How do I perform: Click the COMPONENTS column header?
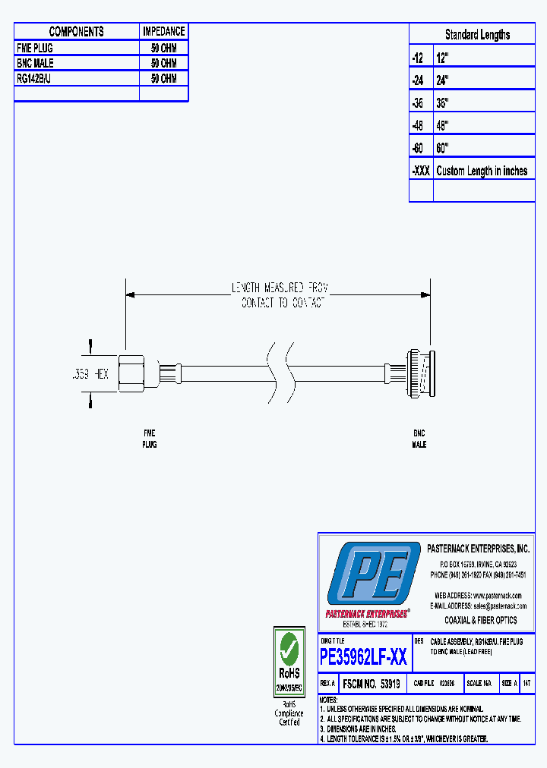[76, 31]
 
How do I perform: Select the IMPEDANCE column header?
[163, 31]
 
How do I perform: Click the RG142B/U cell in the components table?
[34, 79]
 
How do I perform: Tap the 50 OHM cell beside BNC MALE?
[163, 64]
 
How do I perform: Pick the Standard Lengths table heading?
[477, 35]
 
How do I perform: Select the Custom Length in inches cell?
[482, 171]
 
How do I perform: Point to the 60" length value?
[443, 148]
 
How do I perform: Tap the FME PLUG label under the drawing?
[150, 439]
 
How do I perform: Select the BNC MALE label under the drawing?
[419, 439]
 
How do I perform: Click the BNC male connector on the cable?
[418, 373]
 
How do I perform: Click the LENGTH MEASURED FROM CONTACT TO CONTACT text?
[279, 295]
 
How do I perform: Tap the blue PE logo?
[373, 574]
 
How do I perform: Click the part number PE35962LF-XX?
[364, 657]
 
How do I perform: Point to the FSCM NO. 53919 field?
[372, 684]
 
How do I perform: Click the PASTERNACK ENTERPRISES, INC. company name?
[478, 549]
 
